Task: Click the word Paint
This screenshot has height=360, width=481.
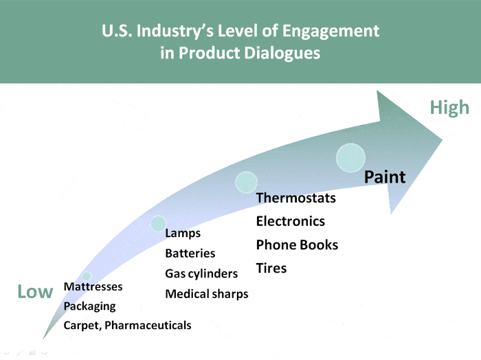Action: (x=385, y=177)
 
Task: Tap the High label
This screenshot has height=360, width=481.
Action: (x=449, y=107)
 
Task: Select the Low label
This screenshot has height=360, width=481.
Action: (x=35, y=292)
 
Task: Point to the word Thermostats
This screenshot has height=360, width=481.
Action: (x=295, y=199)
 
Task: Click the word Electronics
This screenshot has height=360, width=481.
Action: (x=290, y=221)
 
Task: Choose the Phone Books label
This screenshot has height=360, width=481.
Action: (x=297, y=245)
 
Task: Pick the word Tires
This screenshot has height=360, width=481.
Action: (x=271, y=268)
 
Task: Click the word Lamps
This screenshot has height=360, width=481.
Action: (x=183, y=234)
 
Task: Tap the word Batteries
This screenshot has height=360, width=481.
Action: (x=190, y=254)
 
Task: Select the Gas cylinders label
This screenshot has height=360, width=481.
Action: (x=201, y=273)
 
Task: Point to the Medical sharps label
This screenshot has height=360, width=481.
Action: (x=207, y=294)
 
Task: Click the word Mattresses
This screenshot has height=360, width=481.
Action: (x=93, y=286)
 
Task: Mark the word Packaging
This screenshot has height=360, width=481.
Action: (x=89, y=306)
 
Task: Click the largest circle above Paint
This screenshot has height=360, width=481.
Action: (x=350, y=158)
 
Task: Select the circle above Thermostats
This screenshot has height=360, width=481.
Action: (x=246, y=182)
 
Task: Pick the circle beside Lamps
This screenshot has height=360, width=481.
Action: (x=158, y=223)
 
